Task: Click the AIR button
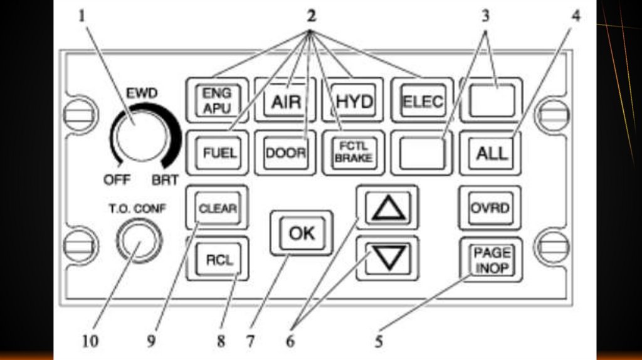[x=285, y=100]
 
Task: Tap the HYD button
[x=354, y=100]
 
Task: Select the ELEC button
[x=423, y=100]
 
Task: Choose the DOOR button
[x=285, y=153]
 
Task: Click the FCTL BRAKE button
[x=354, y=153]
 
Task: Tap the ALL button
[x=491, y=153]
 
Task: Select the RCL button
[x=218, y=259]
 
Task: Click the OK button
[x=302, y=233]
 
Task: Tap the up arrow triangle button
[x=387, y=207]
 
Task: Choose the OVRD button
[x=490, y=208]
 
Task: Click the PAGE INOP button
[x=491, y=260]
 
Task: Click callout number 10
[x=90, y=341]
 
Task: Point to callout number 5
[x=379, y=341]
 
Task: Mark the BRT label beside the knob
[x=165, y=180]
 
